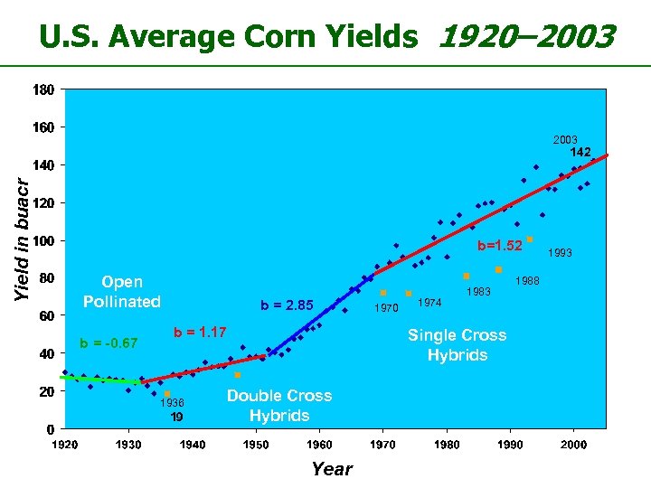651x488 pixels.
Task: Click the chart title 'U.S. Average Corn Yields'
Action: (x=229, y=37)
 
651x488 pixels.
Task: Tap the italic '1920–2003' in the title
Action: (x=525, y=37)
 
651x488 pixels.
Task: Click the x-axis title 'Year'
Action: (x=331, y=468)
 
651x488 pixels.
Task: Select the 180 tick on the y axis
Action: (x=43, y=90)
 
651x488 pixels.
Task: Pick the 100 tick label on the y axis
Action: (x=43, y=241)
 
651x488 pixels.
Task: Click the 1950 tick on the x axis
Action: (x=256, y=445)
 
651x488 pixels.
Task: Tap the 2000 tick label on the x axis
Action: (x=574, y=445)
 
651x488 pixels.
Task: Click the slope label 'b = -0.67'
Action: (x=108, y=343)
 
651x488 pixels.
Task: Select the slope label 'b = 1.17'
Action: (x=200, y=332)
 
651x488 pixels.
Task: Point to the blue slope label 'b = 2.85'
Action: (x=287, y=305)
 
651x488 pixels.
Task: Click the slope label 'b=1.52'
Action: (x=500, y=246)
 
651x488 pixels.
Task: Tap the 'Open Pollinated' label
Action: (x=122, y=292)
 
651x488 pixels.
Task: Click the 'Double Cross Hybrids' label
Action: (x=279, y=406)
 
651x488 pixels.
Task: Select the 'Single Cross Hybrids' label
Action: (x=457, y=344)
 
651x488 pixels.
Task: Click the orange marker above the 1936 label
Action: (x=168, y=394)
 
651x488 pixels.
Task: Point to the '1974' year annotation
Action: (x=430, y=303)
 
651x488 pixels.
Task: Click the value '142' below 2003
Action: (x=580, y=153)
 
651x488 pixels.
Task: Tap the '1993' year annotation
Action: (x=560, y=253)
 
